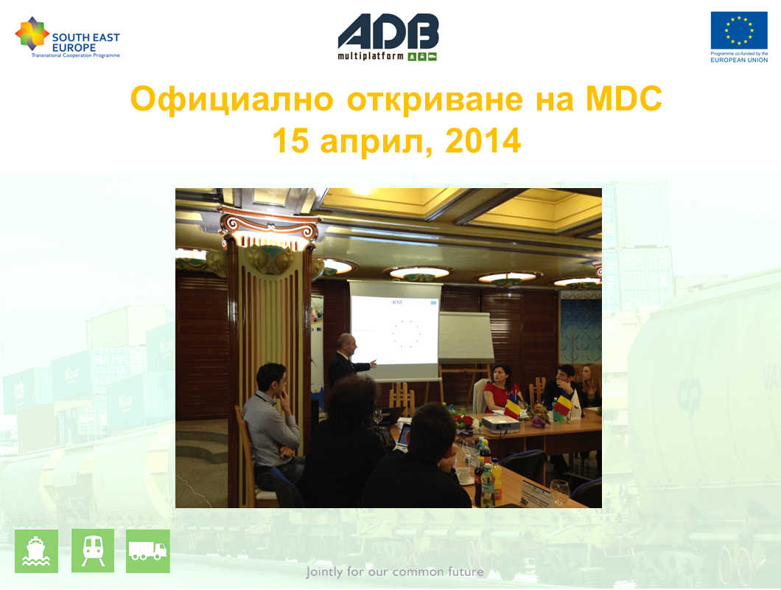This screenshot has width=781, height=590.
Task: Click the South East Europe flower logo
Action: tap(32, 33)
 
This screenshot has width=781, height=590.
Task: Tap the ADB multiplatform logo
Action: tap(388, 37)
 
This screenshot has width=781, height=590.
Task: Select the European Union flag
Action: tap(739, 30)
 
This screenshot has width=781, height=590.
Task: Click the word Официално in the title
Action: tap(231, 99)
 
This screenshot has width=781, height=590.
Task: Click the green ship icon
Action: tap(36, 551)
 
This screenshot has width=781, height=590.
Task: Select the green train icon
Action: tap(93, 551)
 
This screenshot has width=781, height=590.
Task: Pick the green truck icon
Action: tap(148, 551)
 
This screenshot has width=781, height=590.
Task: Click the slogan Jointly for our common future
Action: tap(394, 572)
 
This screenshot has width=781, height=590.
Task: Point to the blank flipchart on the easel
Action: tap(466, 338)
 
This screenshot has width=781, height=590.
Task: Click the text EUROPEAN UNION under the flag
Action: tap(739, 60)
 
